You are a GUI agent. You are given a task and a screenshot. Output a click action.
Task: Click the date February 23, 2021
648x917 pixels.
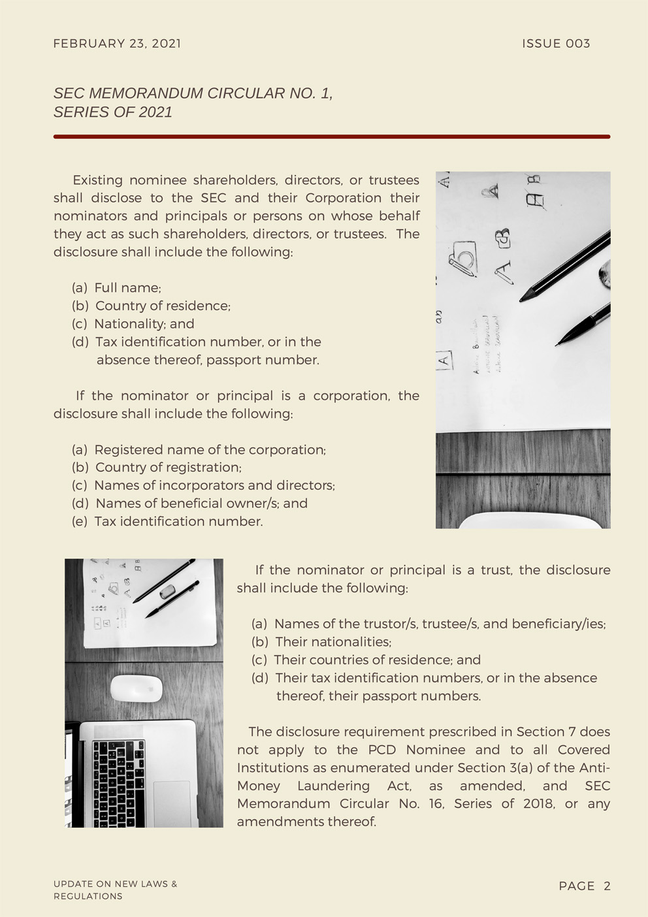[x=117, y=44]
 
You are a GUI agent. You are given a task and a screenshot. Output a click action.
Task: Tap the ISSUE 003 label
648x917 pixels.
[x=556, y=44]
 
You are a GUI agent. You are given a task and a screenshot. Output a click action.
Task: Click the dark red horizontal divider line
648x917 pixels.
[x=331, y=137]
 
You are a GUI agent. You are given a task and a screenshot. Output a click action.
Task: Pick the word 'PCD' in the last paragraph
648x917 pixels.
[x=382, y=750]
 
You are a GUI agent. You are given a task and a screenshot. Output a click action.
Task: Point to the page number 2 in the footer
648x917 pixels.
[x=607, y=886]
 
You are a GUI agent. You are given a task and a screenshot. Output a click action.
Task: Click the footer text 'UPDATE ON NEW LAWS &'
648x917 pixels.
[x=115, y=884]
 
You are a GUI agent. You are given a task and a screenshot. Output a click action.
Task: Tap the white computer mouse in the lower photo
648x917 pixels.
[x=136, y=688]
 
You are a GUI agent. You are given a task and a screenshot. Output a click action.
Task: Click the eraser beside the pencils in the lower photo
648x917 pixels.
[x=168, y=591]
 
